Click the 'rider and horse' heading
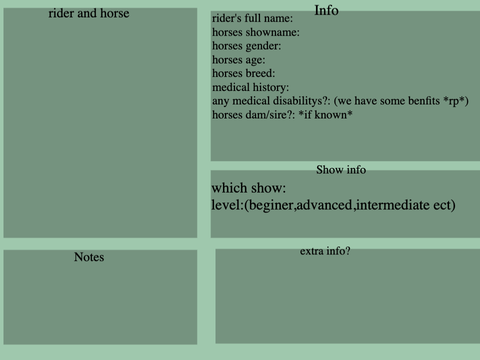tap(89, 13)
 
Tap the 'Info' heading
tap(326, 10)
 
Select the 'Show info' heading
tap(341, 170)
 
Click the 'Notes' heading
tap(89, 257)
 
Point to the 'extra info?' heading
tap(325, 251)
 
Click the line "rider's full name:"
tap(252, 18)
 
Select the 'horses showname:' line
tap(256, 32)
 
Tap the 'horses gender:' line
tap(247, 46)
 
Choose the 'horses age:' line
tap(239, 60)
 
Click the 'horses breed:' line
tap(244, 73)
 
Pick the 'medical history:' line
tap(251, 87)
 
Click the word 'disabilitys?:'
tap(301, 101)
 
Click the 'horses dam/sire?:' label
tap(254, 115)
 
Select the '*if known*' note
tap(325, 115)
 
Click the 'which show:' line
tap(249, 188)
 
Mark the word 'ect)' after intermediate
tap(444, 205)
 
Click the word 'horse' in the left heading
tap(115, 13)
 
